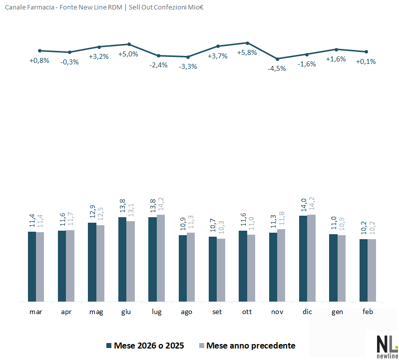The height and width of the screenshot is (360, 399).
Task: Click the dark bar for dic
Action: [x=303, y=259]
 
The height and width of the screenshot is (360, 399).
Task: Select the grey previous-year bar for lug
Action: [x=161, y=258]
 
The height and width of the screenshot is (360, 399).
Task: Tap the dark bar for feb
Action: [x=363, y=270]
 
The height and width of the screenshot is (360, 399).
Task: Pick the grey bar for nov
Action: [x=281, y=265]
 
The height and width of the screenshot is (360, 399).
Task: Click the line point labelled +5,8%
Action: [x=248, y=43]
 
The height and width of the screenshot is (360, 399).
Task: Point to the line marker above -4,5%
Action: [x=277, y=59]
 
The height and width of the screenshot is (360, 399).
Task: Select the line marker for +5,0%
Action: [x=129, y=44]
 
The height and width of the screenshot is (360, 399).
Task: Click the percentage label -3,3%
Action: [x=188, y=66]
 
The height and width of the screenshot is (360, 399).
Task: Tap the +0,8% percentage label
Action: [x=39, y=61]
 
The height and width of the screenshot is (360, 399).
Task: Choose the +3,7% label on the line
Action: [x=218, y=56]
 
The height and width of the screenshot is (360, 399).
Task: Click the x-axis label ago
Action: [x=187, y=312]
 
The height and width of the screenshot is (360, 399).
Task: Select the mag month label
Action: [x=96, y=312]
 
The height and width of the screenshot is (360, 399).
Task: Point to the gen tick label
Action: [x=338, y=312]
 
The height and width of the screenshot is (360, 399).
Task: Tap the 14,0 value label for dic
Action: [x=303, y=206]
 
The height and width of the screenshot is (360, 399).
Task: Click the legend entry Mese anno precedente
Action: [x=251, y=346]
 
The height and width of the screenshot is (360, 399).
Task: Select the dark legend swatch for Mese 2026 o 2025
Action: [x=109, y=346]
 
